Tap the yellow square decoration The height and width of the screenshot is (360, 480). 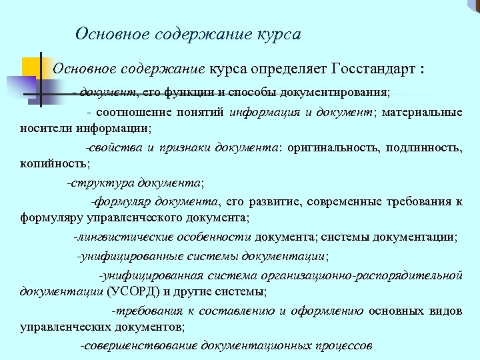(32, 67)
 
